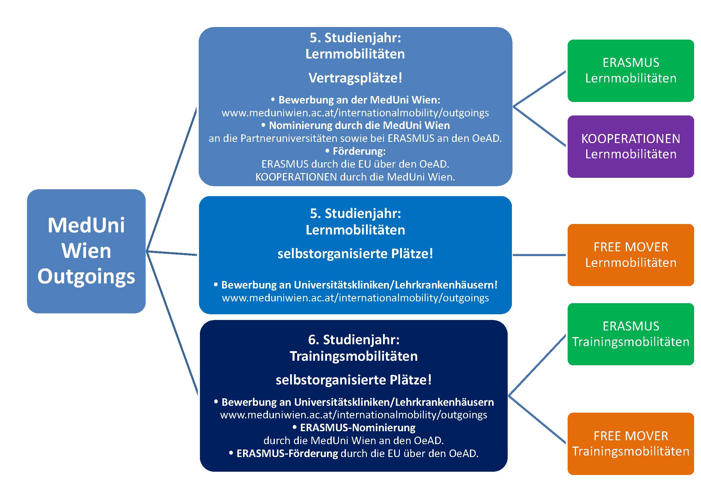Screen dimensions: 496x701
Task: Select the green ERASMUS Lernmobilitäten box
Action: pyautogui.click(x=631, y=70)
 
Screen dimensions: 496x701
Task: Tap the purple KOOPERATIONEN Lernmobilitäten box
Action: pyautogui.click(x=631, y=147)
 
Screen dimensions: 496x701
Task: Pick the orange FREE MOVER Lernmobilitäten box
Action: pyautogui.click(x=631, y=255)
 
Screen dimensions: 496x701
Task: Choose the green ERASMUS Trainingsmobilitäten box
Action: pyautogui.click(x=631, y=334)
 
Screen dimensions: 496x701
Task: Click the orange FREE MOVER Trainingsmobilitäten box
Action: pyautogui.click(x=631, y=444)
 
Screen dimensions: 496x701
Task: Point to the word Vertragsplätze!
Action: pyautogui.click(x=355, y=78)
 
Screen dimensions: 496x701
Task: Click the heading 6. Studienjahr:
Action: pyautogui.click(x=354, y=340)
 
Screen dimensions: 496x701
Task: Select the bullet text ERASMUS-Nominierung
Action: pyautogui.click(x=358, y=428)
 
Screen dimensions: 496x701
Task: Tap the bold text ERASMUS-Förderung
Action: pyautogui.click(x=287, y=453)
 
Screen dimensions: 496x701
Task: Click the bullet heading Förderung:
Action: pyautogui.click(x=359, y=151)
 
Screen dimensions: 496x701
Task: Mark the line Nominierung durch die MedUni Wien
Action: pyautogui.click(x=359, y=126)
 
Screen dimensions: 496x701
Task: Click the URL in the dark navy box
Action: pyautogui.click(x=354, y=415)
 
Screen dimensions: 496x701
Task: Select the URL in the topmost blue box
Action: pyautogui.click(x=355, y=113)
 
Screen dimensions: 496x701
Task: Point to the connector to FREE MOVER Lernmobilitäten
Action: pyautogui.click(x=539, y=255)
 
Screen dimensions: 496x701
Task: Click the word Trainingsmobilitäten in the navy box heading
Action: pyautogui.click(x=354, y=356)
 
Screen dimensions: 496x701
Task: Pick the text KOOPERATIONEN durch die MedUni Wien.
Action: pyautogui.click(x=355, y=177)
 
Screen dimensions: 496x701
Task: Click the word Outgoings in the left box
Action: pyautogui.click(x=86, y=276)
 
